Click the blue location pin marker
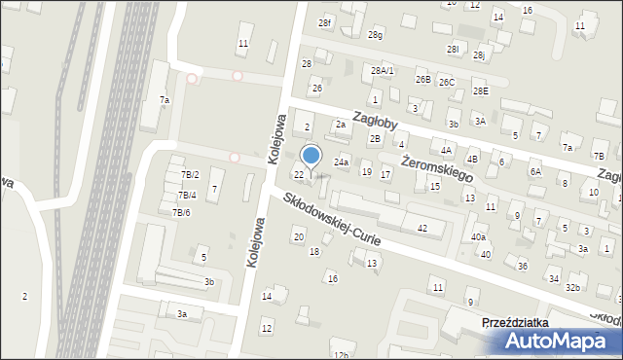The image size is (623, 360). pyautogui.click(x=311, y=157)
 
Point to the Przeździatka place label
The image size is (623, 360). pyautogui.click(x=522, y=322)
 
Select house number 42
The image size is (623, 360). pyautogui.click(x=422, y=228)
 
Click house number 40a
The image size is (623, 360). pyautogui.click(x=478, y=236)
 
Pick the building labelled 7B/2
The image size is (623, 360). pyautogui.click(x=190, y=174)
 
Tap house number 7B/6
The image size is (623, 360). pyautogui.click(x=182, y=212)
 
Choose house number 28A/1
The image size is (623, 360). pyautogui.click(x=383, y=70)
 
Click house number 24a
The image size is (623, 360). pyautogui.click(x=342, y=162)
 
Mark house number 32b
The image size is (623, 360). pyautogui.click(x=573, y=287)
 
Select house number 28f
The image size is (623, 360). pyautogui.click(x=325, y=22)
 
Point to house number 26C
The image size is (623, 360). pyautogui.click(x=446, y=82)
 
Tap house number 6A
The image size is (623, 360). pyautogui.click(x=534, y=171)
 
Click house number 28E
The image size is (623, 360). pyautogui.click(x=481, y=90)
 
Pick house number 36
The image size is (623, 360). pyautogui.click(x=522, y=266)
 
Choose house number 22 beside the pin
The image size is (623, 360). pyautogui.click(x=299, y=174)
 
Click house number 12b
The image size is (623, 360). pyautogui.click(x=339, y=354)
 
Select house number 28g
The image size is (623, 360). pyautogui.click(x=375, y=35)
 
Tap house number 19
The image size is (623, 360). pyautogui.click(x=366, y=171)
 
